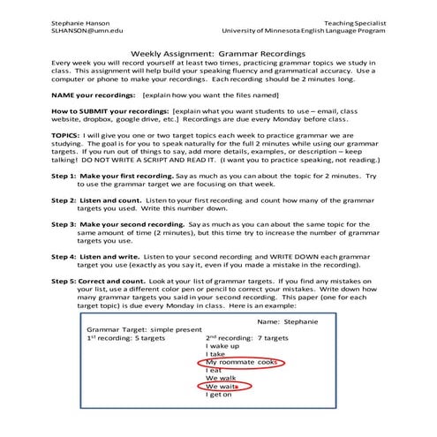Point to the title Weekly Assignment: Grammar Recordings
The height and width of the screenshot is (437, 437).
click(x=217, y=53)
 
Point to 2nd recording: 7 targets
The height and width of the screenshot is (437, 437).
click(x=248, y=337)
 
